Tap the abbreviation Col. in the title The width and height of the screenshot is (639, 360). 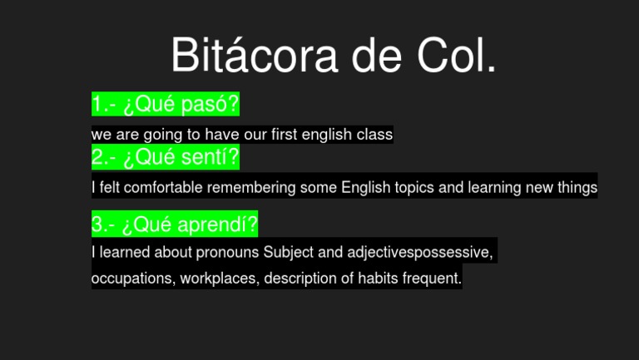click(x=456, y=56)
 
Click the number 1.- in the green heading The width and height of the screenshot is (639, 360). click(x=104, y=105)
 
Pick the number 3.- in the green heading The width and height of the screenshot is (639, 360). click(x=104, y=224)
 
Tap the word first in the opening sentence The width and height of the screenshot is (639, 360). click(x=284, y=134)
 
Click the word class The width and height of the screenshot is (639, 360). click(x=374, y=134)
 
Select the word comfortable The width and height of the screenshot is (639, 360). click(x=163, y=188)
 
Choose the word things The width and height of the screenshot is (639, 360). click(x=577, y=188)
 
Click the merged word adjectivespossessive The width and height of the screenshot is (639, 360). click(x=420, y=252)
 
